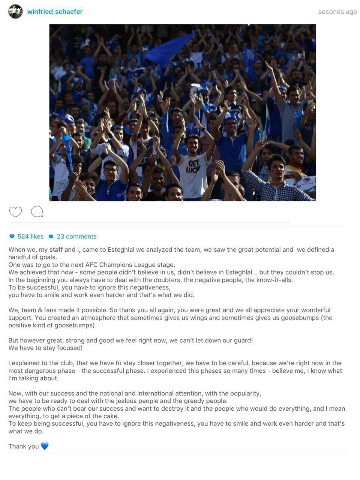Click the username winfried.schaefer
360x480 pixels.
pos(55,12)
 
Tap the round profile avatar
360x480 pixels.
pos(15,12)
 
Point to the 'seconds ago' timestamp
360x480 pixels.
pos(337,12)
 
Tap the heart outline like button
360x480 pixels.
pos(15,212)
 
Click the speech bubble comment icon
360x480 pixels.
pos(37,212)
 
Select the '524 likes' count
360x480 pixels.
pos(27,237)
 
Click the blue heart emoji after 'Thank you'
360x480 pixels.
pos(45,446)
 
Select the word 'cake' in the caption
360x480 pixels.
pos(111,416)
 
